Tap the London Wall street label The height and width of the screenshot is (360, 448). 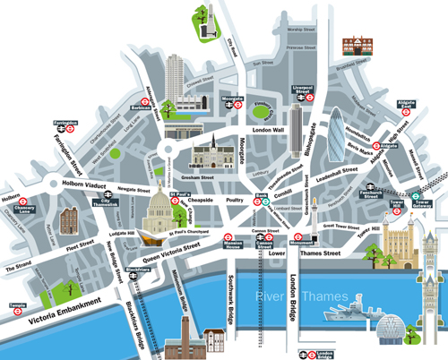coord(270,129)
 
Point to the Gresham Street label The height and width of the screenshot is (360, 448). coord(217,167)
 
